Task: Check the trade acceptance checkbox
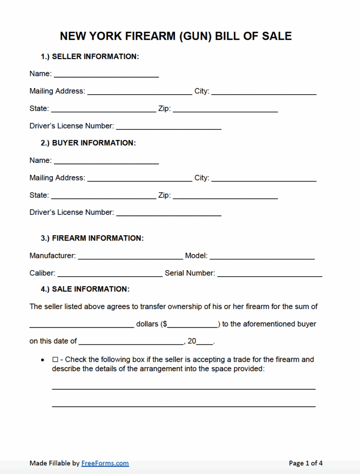point(55,360)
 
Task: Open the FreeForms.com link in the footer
point(105,463)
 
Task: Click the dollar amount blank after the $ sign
point(193,324)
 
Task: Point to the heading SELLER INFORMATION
point(95,56)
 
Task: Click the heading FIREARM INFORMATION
point(97,238)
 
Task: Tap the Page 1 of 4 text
point(306,463)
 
